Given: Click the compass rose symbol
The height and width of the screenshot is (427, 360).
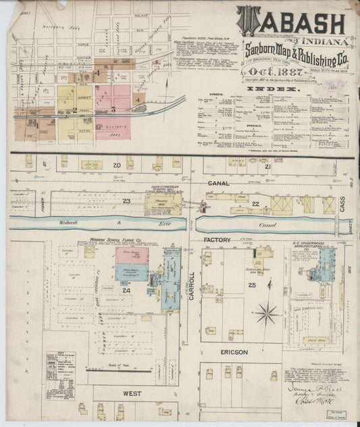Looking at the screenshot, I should point(267,313).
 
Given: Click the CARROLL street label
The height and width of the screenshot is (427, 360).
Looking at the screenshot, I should point(191,284).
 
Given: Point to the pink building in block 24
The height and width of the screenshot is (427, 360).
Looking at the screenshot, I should point(132,255).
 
